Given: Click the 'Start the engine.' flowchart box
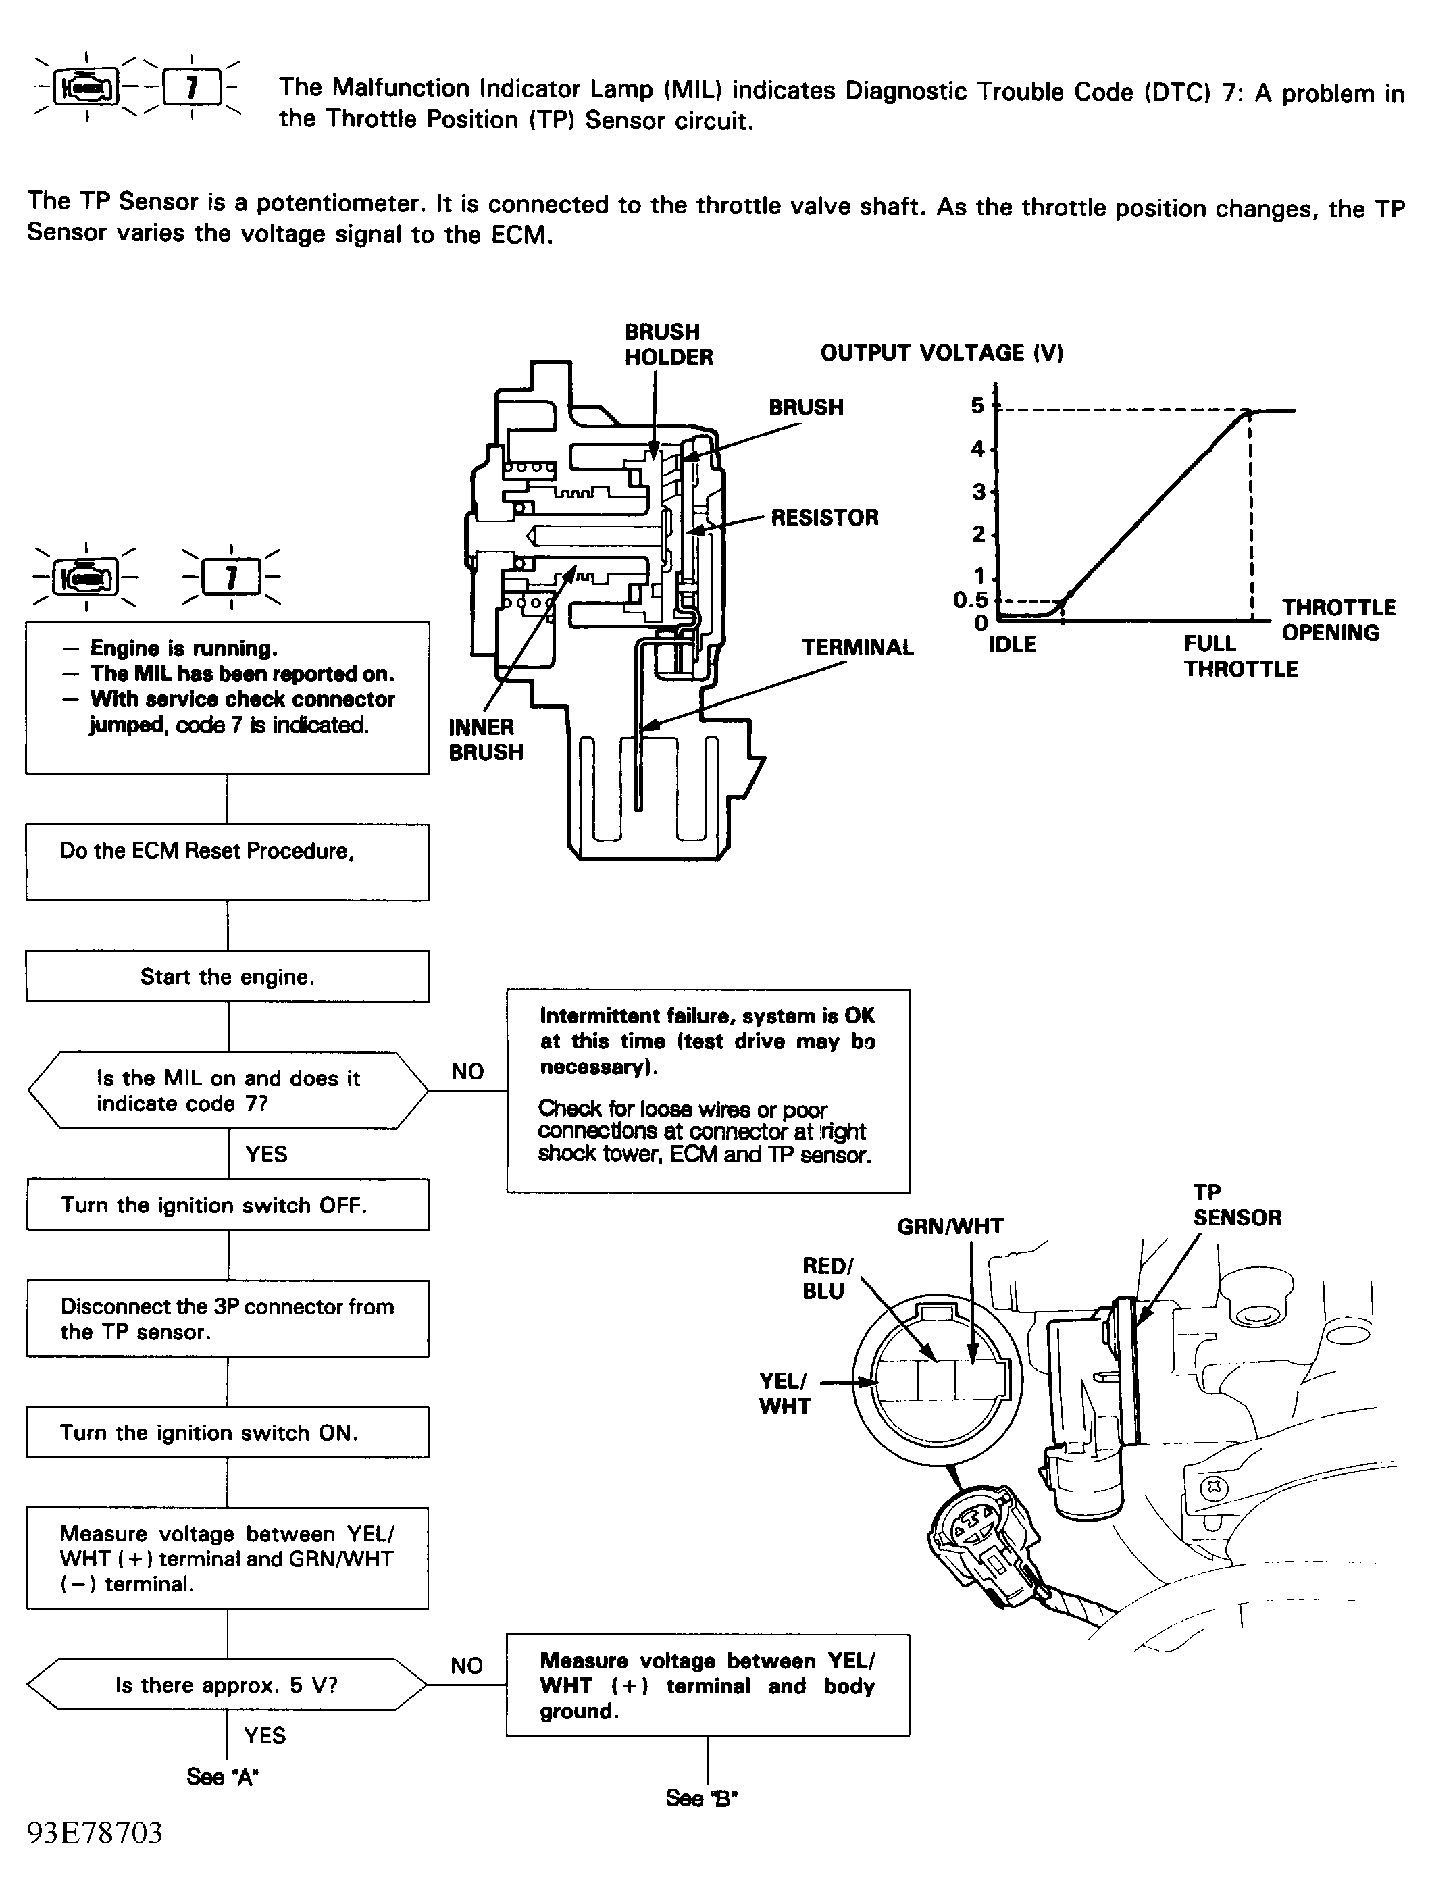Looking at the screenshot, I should pyautogui.click(x=228, y=976).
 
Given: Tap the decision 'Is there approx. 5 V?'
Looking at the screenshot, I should pyautogui.click(x=227, y=1685).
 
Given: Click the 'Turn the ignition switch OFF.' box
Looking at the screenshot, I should pyautogui.click(x=228, y=1205).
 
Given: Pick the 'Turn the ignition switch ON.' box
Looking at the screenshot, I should pyautogui.click(x=228, y=1433).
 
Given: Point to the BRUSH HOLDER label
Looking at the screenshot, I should pyautogui.click(x=668, y=344).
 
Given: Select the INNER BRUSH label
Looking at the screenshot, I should pyautogui.click(x=486, y=739).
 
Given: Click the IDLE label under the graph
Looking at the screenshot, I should pyautogui.click(x=1012, y=645).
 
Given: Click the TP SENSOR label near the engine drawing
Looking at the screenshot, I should pyautogui.click(x=1237, y=1205).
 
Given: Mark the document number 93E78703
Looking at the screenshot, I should pyautogui.click(x=95, y=1833).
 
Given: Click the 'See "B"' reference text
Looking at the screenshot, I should pyautogui.click(x=701, y=1797).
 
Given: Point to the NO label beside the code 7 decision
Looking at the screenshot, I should pyautogui.click(x=467, y=1071).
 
